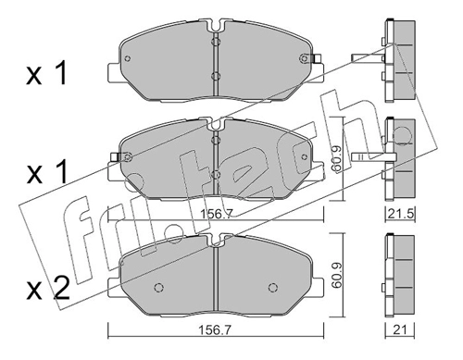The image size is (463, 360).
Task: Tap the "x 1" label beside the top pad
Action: point(46,73)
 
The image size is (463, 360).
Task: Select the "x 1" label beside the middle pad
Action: point(46,172)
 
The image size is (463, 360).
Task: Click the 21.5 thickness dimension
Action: point(400,214)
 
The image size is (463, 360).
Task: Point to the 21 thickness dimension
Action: point(400,330)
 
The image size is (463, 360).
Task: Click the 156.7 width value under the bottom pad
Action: point(215,330)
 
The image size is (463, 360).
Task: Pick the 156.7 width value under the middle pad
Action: point(215,214)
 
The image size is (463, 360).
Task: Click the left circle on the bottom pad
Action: point(158,287)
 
